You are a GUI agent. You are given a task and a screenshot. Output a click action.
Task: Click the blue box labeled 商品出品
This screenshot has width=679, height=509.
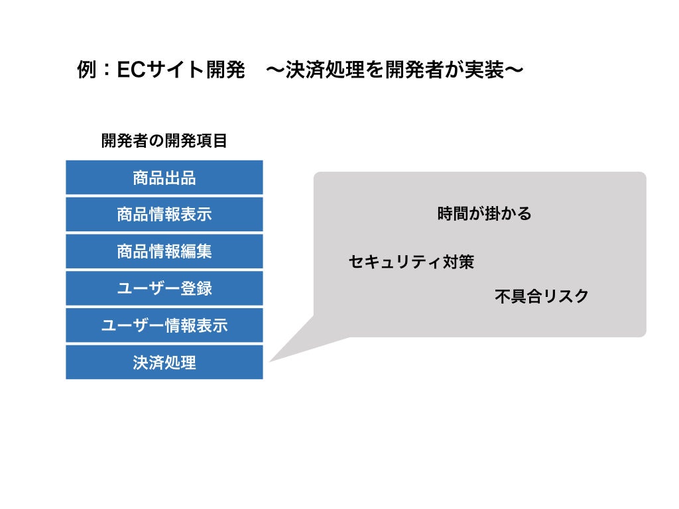(x=164, y=178)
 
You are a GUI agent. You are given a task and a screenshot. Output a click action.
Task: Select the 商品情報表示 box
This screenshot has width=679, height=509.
(x=164, y=214)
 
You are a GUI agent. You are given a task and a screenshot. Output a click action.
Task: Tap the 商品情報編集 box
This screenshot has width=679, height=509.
(x=164, y=251)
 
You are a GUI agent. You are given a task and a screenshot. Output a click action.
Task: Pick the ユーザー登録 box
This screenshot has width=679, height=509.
(x=164, y=288)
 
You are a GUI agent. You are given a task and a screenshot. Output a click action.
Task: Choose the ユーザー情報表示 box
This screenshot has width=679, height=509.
(x=164, y=325)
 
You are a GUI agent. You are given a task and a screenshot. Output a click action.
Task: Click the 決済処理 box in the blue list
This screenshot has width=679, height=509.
(x=164, y=363)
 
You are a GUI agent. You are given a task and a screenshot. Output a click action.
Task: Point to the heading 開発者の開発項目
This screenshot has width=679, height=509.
(x=164, y=141)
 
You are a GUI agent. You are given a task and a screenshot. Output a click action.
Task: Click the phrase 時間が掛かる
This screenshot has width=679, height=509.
(x=484, y=213)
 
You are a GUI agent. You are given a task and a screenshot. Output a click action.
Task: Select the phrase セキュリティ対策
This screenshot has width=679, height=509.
(x=411, y=262)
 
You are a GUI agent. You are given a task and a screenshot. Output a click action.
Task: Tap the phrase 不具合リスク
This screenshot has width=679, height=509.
(x=541, y=296)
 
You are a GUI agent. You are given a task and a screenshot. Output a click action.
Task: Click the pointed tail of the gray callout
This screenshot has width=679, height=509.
(x=270, y=361)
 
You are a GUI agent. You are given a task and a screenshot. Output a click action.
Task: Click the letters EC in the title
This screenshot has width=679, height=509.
(x=131, y=70)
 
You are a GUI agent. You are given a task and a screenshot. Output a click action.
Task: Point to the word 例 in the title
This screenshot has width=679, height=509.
(x=87, y=70)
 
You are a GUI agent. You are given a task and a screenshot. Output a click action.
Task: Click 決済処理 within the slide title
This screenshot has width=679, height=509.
(x=325, y=70)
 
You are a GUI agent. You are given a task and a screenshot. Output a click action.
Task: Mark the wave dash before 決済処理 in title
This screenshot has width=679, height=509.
(x=275, y=70)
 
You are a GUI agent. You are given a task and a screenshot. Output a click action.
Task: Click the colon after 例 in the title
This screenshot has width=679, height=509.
(x=107, y=70)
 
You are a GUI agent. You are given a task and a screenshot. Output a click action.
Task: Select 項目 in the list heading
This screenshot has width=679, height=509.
(x=212, y=141)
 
